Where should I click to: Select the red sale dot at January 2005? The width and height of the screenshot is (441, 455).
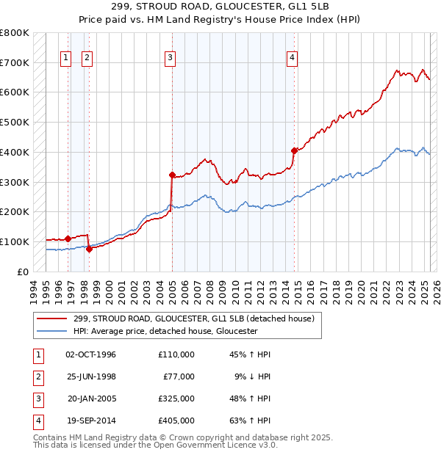coord(172,175)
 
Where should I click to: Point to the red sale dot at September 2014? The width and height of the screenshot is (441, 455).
coord(293,150)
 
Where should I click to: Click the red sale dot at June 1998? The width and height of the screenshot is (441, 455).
coord(89,249)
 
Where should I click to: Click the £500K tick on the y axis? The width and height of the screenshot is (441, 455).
coord(14,122)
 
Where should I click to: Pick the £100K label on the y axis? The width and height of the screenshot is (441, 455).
coord(14,241)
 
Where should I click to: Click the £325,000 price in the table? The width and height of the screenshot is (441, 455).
coord(176,398)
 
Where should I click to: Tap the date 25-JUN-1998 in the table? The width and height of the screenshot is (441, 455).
coord(90,376)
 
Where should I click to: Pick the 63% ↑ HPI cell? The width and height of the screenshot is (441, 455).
coord(251,421)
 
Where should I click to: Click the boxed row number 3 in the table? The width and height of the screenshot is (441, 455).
coord(37,398)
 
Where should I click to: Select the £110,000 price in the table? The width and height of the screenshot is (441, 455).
coord(176,354)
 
